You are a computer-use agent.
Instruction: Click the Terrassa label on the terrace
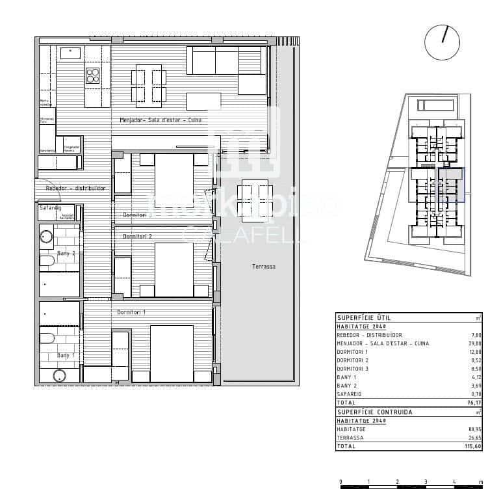(264, 267)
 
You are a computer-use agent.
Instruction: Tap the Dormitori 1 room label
(131, 313)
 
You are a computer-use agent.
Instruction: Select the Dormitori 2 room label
(137, 236)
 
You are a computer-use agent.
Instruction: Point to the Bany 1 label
(66, 355)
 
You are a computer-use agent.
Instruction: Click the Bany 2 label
(66, 253)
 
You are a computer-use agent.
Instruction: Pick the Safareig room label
(49, 208)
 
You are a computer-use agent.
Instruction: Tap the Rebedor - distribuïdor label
(75, 188)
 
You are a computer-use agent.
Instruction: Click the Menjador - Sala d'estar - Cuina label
(161, 120)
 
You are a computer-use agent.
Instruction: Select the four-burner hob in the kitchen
(93, 75)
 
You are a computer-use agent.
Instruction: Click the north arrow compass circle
(442, 43)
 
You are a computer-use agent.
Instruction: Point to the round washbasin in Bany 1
(60, 375)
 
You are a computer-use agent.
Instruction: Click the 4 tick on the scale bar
(454, 483)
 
